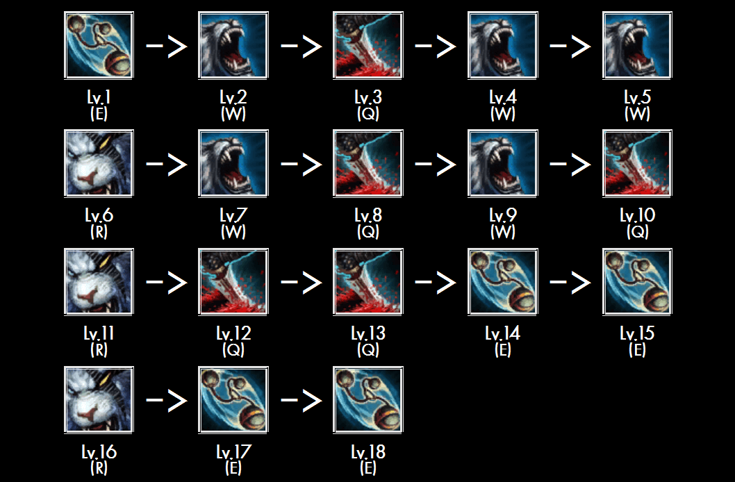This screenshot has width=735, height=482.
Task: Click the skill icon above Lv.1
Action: (99, 46)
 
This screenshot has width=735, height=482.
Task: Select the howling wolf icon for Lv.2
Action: (233, 46)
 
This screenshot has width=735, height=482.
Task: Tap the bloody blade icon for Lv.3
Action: (368, 46)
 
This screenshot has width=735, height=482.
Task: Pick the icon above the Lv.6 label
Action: (99, 164)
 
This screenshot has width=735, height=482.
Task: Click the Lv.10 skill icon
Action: (637, 164)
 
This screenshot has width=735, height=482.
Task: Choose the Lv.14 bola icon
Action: (502, 282)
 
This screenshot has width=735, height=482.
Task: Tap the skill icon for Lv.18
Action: (368, 400)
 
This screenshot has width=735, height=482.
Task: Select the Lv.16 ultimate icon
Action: (99, 400)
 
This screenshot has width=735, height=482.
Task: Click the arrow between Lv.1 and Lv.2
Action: (166, 47)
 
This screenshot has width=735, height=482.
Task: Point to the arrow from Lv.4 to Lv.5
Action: (570, 47)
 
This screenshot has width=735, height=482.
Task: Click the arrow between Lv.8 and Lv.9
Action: (436, 165)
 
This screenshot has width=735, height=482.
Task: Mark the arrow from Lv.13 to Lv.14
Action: (436, 283)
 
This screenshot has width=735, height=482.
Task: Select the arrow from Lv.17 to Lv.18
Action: (301, 401)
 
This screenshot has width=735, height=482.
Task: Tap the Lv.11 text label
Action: (99, 334)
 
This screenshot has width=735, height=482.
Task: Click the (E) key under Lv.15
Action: (637, 351)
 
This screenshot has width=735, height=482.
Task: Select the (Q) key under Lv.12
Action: (233, 351)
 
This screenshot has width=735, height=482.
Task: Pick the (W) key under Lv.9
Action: (502, 233)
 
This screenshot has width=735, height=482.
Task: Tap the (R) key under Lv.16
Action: (99, 469)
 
